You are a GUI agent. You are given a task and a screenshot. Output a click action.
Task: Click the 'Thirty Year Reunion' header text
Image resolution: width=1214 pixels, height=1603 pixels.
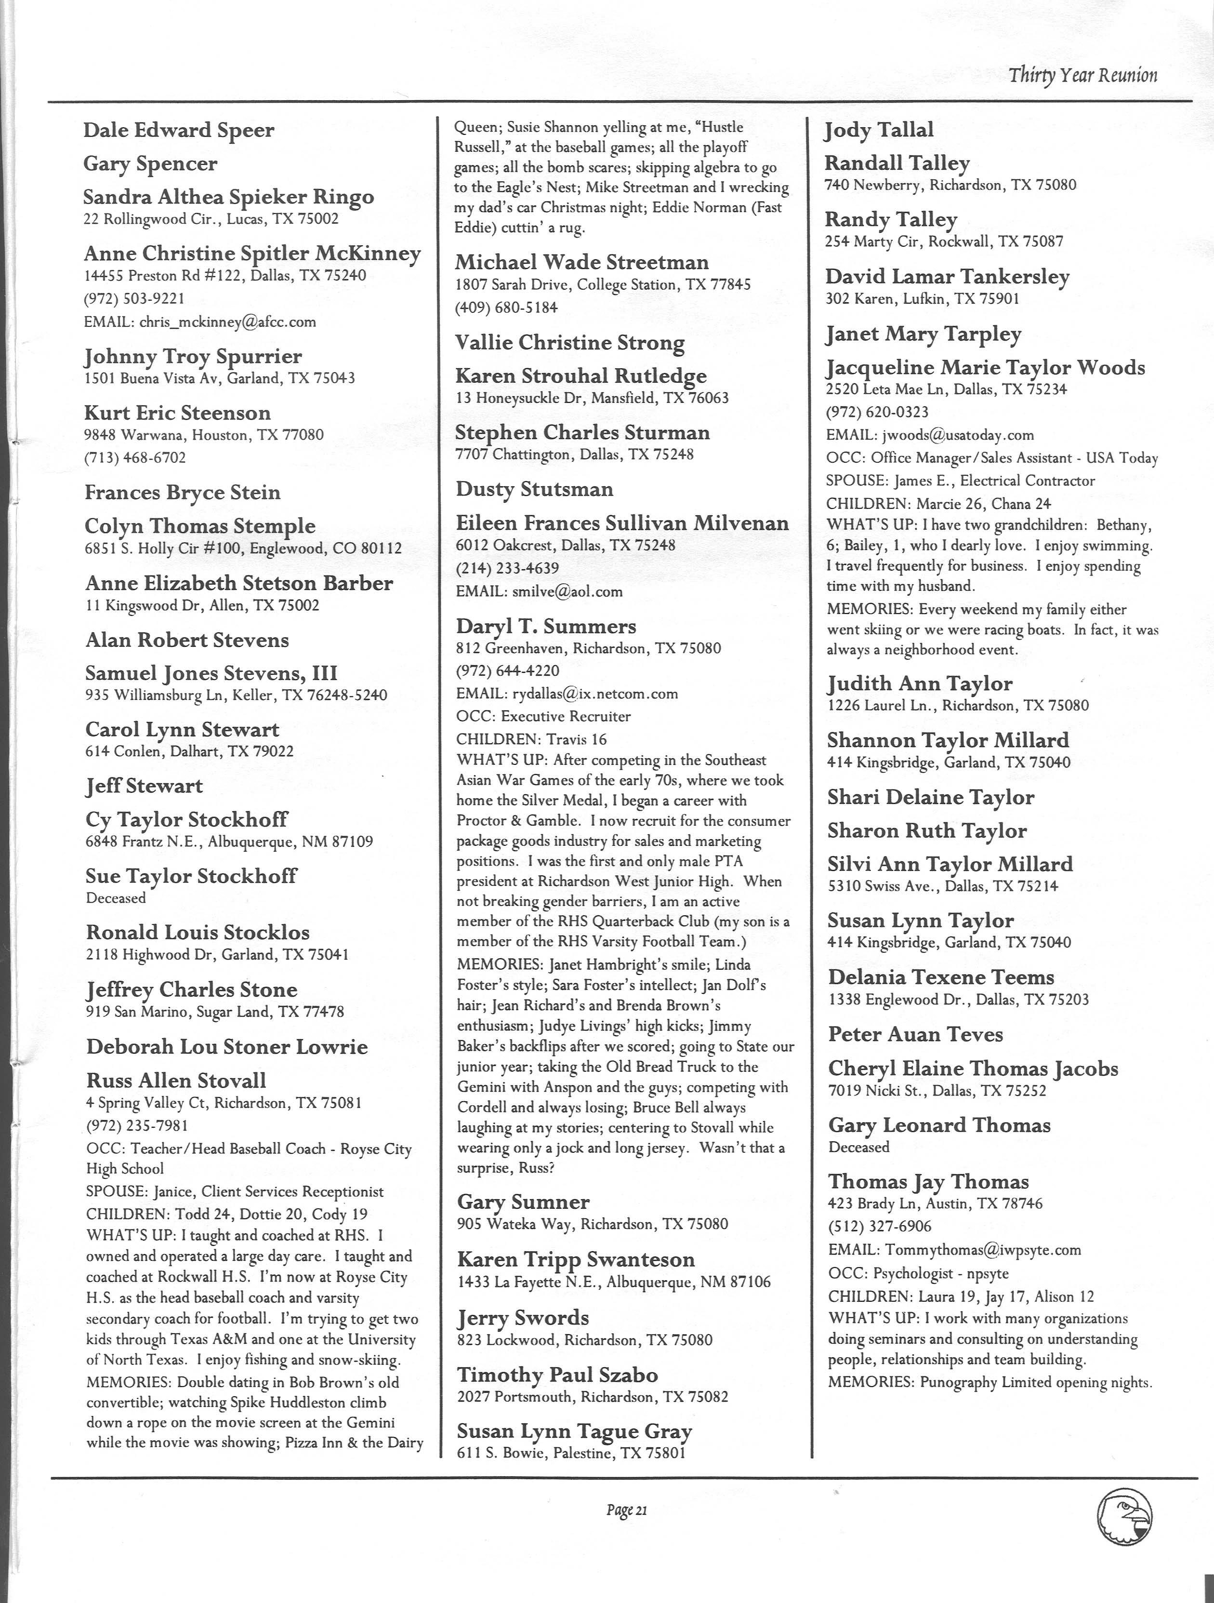(1083, 75)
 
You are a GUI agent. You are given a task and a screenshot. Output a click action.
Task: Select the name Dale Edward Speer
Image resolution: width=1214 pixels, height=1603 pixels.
(179, 131)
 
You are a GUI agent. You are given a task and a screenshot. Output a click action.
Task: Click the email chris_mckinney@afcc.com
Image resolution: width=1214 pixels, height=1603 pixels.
(200, 322)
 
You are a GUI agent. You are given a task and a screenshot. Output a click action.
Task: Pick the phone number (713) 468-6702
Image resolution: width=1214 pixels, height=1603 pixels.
(135, 458)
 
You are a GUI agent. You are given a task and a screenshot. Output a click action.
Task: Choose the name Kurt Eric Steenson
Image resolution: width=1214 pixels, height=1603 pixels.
(177, 413)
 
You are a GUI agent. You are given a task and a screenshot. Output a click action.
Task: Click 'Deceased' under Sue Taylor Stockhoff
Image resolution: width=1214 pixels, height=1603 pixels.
(116, 898)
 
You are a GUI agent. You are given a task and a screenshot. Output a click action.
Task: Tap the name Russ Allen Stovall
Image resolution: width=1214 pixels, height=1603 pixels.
(176, 1081)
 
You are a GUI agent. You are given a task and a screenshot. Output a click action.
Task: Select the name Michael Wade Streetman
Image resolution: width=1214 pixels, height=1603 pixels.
(581, 262)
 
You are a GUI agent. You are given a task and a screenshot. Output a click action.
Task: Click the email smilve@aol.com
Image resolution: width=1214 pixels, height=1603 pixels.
(539, 591)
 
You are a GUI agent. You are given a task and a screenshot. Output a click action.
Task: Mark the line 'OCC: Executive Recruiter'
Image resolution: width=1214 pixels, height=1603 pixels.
(543, 717)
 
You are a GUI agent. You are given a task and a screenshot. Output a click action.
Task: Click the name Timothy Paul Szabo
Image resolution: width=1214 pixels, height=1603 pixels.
(557, 1375)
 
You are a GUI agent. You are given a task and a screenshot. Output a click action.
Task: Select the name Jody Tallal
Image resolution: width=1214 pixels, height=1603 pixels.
(879, 131)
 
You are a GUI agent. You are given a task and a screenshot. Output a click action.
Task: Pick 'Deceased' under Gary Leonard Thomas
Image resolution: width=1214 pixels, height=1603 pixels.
(858, 1147)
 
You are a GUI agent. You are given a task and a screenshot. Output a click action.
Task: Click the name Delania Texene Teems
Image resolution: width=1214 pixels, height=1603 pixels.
(941, 977)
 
